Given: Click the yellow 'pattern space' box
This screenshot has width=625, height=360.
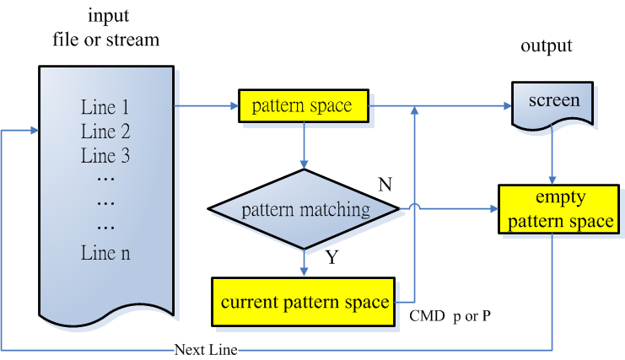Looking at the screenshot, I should [x=301, y=106].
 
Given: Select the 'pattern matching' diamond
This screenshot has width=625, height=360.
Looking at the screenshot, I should [x=304, y=210].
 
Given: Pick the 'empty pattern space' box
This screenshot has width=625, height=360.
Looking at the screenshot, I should [x=555, y=210].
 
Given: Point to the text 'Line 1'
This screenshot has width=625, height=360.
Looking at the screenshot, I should [x=105, y=108].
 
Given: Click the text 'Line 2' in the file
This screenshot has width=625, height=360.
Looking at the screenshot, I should [x=105, y=132].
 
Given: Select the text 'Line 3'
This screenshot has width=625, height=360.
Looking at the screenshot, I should [x=105, y=155].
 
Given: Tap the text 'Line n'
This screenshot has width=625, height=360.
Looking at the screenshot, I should [x=105, y=251].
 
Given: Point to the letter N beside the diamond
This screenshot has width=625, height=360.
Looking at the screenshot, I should [x=385, y=185].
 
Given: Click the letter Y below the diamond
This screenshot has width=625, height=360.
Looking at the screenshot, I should [x=331, y=258].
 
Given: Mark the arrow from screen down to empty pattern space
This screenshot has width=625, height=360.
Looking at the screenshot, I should [x=552, y=156].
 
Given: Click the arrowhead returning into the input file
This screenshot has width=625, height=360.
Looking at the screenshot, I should [x=34, y=132].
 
